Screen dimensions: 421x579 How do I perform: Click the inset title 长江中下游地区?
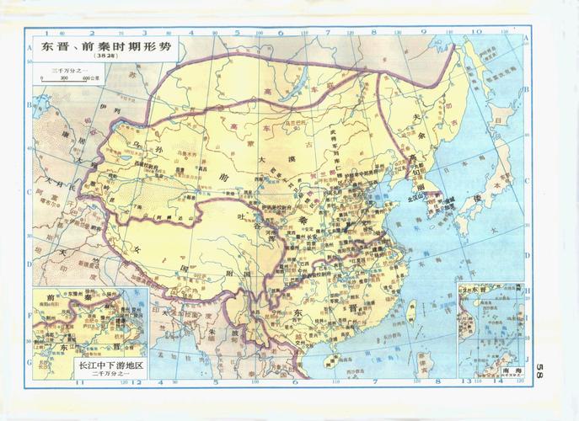click(110, 366)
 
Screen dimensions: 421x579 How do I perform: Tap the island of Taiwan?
click(411, 314)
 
